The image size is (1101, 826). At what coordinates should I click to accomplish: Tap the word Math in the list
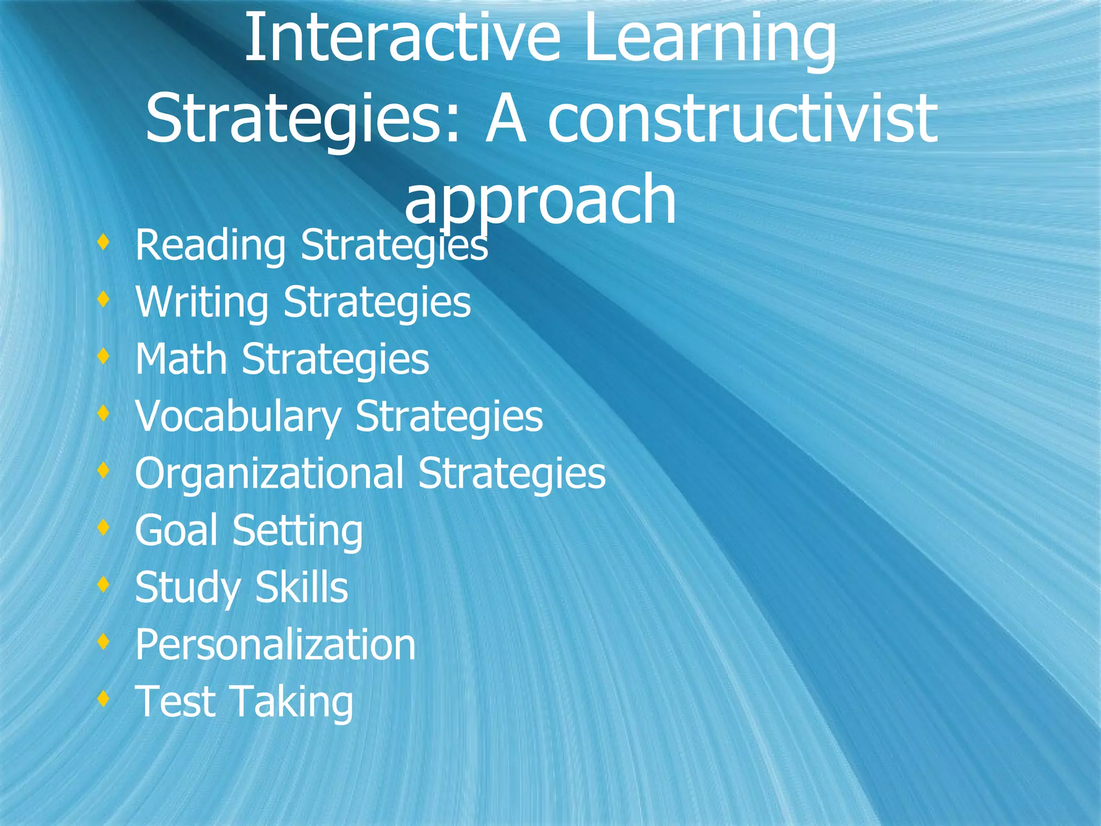181,359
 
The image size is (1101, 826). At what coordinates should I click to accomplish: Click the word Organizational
269,474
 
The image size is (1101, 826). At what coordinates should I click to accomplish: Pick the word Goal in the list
176,530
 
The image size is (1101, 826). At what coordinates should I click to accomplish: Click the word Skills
302,587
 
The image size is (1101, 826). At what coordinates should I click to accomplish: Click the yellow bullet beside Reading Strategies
104,242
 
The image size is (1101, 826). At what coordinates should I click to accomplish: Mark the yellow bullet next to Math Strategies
104,356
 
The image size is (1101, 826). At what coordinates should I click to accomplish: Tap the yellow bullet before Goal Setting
104,527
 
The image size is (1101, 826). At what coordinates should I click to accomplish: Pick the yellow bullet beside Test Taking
104,698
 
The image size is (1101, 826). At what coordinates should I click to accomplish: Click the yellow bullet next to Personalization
104,641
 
